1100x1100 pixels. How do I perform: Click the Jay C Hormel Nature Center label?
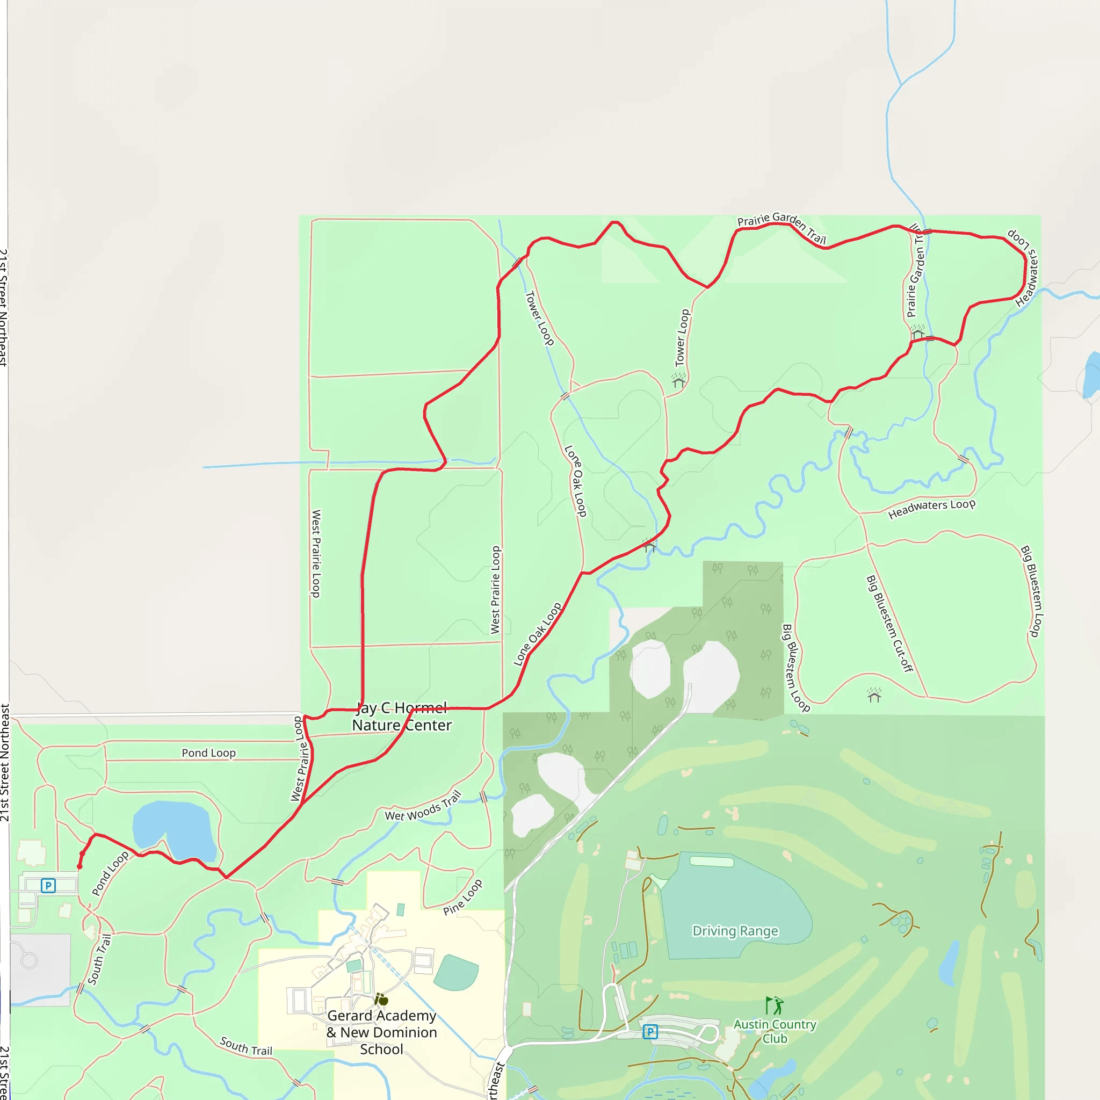pyautogui.click(x=401, y=717)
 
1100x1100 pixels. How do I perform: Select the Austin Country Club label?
pyautogui.click(x=775, y=1031)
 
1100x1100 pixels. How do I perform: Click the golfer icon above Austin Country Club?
pyautogui.click(x=775, y=1005)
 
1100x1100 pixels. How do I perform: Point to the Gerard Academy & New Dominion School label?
pyautogui.click(x=381, y=1032)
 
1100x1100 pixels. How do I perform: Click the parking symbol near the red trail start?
pyautogui.click(x=48, y=886)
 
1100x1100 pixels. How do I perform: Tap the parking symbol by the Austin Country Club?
pyautogui.click(x=650, y=1032)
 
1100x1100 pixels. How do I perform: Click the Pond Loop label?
pyautogui.click(x=208, y=752)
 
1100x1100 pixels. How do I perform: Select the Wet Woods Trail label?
pyautogui.click(x=423, y=806)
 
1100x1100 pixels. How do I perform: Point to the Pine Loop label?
pyautogui.click(x=463, y=897)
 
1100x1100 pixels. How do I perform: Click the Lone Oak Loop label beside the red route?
pyautogui.click(x=537, y=634)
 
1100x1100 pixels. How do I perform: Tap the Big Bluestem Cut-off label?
pyautogui.click(x=889, y=624)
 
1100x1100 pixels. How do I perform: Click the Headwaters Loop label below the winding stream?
pyautogui.click(x=931, y=508)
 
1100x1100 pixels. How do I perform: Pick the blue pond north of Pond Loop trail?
pyautogui.click(x=171, y=828)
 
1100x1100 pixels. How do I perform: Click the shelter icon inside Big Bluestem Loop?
pyautogui.click(x=874, y=695)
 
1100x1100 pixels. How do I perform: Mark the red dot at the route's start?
pyautogui.click(x=79, y=866)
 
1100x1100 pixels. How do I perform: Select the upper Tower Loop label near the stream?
pyautogui.click(x=539, y=318)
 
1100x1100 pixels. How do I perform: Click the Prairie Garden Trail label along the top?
pyautogui.click(x=781, y=227)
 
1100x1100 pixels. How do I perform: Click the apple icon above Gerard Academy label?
pyautogui.click(x=381, y=999)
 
